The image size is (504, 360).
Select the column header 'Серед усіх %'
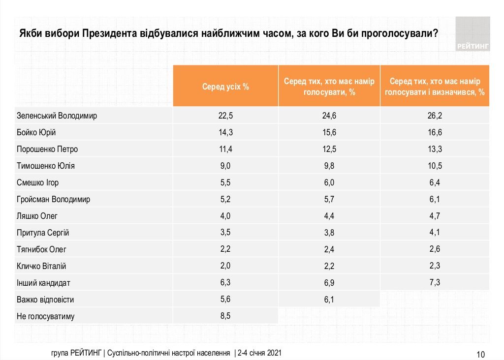tap(225, 86)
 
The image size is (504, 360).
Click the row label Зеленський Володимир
tap(57, 116)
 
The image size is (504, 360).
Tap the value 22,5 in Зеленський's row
tap(225, 116)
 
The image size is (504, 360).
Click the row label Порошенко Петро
tap(48, 150)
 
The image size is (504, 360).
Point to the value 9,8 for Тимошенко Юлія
tap(329, 166)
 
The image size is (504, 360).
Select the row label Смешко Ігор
tap(38, 183)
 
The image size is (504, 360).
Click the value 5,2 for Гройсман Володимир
tap(225, 200)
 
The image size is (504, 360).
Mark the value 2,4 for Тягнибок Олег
tap(329, 249)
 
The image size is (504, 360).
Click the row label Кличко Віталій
tap(42, 266)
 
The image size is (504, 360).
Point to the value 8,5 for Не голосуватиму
tap(225, 316)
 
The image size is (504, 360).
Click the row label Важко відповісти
tap(45, 300)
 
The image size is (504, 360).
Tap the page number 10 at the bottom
tap(481, 354)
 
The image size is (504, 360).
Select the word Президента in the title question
tap(106, 34)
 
